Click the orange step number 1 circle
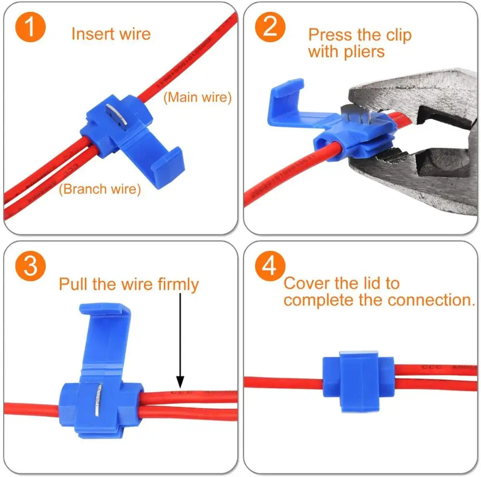(30, 27)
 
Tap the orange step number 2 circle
(271, 27)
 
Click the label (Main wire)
(198, 98)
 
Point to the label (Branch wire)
(100, 189)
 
